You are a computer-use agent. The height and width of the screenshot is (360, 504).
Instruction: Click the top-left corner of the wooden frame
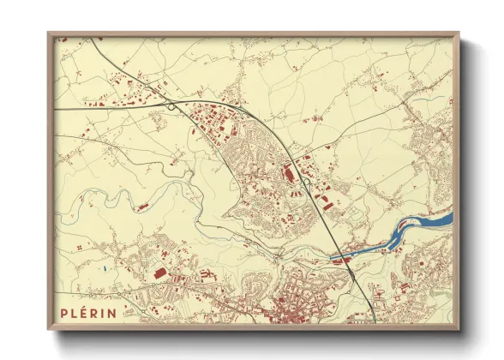(48, 33)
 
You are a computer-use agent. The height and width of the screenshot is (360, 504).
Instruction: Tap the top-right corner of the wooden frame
(459, 33)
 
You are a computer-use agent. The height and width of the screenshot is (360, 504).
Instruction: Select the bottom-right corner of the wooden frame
(459, 330)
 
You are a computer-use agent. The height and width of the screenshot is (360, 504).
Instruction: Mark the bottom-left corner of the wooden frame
(48, 330)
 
